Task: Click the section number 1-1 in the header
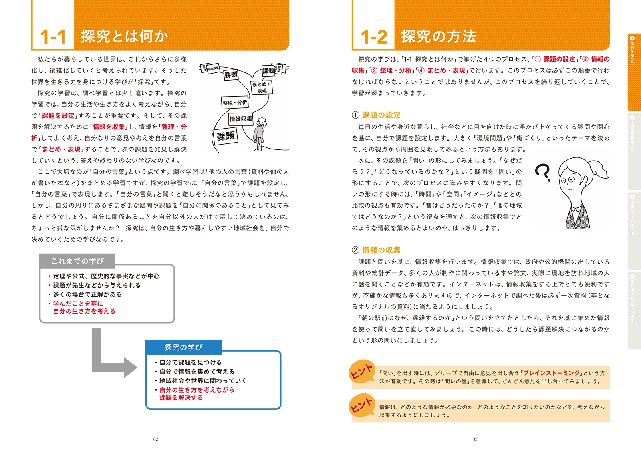[52, 37]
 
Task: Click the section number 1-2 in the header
[374, 37]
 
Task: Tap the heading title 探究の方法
[438, 36]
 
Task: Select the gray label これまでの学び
[77, 261]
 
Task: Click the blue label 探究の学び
[183, 347]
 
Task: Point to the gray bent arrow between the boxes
[108, 360]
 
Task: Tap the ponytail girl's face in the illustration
[570, 180]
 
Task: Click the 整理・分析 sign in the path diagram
[235, 103]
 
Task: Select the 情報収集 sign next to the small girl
[241, 119]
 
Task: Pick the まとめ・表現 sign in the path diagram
[262, 87]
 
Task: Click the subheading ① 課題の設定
[376, 115]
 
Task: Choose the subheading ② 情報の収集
[376, 250]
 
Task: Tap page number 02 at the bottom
[155, 439]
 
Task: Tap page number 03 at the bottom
[476, 439]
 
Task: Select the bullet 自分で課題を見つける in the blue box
[190, 362]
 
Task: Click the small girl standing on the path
[260, 134]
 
